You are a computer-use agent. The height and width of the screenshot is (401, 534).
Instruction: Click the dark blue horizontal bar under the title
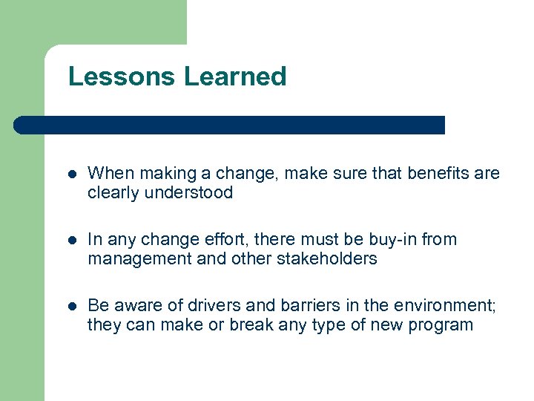[x=230, y=125]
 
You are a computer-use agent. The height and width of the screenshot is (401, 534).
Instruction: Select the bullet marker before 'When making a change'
[x=71, y=175]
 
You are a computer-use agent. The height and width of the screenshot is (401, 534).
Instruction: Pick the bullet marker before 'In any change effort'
[x=71, y=241]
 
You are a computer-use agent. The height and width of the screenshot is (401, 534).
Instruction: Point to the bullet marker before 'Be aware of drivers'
[x=71, y=306]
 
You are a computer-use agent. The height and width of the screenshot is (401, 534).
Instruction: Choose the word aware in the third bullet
[x=136, y=305]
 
